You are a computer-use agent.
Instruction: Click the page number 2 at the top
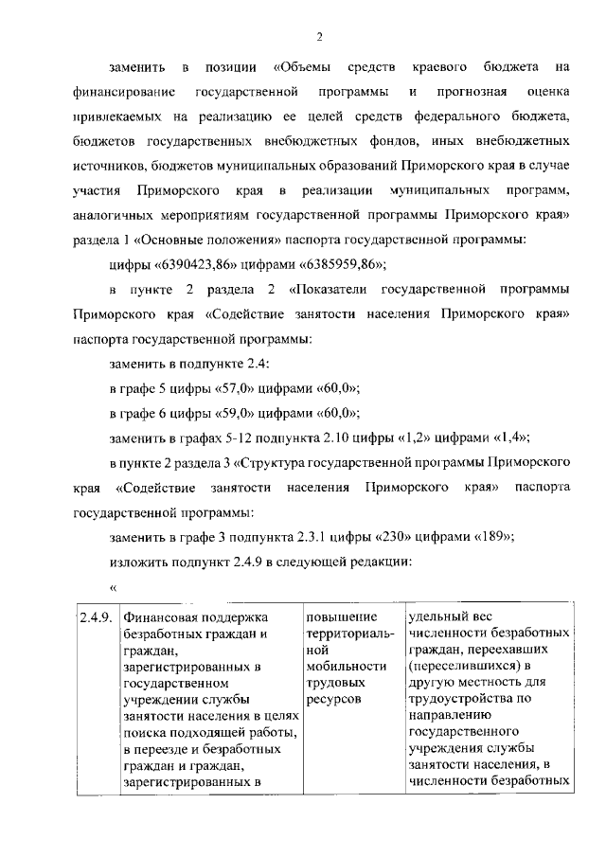[x=319, y=37]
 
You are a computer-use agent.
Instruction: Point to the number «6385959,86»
[x=332, y=264]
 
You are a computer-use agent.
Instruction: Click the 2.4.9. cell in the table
[x=95, y=618]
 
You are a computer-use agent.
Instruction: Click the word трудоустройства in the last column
[x=460, y=699]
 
